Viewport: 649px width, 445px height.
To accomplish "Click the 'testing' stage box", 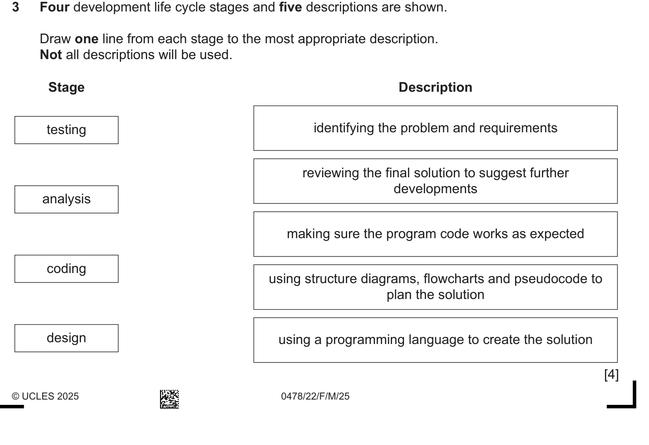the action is tap(67, 130).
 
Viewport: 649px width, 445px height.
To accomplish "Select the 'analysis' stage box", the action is tap(67, 199).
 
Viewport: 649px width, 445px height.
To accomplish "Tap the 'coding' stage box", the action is tap(67, 269).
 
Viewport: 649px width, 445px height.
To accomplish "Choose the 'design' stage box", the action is tap(67, 338).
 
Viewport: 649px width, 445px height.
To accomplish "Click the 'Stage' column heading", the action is tap(67, 87).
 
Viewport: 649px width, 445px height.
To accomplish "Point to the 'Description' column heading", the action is tap(435, 87).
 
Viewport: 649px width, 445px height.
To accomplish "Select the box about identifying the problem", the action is tap(435, 128).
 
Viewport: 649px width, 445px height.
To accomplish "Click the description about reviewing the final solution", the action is tap(435, 181).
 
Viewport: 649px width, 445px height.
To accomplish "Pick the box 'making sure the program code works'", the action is tap(435, 234).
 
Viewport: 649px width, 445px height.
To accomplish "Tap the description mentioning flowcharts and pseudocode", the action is tap(435, 287).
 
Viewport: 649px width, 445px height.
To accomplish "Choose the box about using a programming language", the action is tap(435, 340).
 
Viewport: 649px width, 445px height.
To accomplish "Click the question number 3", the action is tap(16, 7).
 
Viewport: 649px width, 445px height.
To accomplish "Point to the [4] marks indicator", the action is tap(612, 374).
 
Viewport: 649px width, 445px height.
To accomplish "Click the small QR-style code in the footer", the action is tap(170, 399).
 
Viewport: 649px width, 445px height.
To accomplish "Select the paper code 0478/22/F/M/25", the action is tap(315, 396).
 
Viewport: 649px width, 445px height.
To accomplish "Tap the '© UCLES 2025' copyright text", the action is tap(45, 396).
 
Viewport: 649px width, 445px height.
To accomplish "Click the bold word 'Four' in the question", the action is tap(55, 7).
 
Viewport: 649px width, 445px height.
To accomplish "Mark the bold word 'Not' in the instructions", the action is tap(51, 55).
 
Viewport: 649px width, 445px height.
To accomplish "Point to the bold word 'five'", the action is tap(290, 7).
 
